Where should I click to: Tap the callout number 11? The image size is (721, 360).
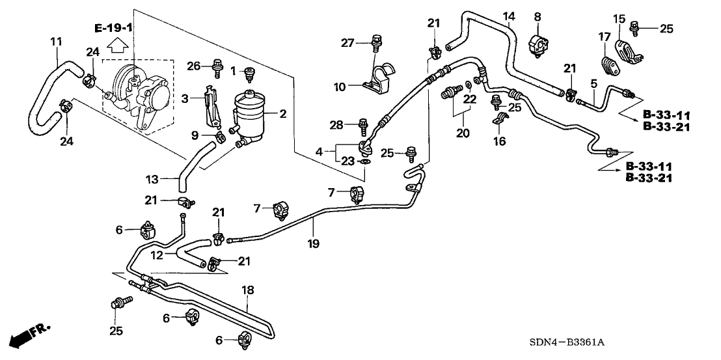(x=56, y=42)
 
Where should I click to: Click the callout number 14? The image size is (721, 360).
(x=508, y=16)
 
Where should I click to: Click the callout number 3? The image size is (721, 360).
(x=184, y=98)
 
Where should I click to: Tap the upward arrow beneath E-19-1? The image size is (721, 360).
(x=116, y=45)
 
